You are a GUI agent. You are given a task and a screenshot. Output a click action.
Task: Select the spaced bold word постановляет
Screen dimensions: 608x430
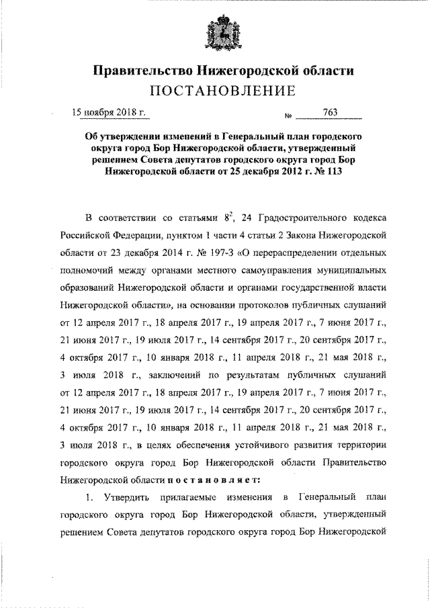click(x=217, y=481)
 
